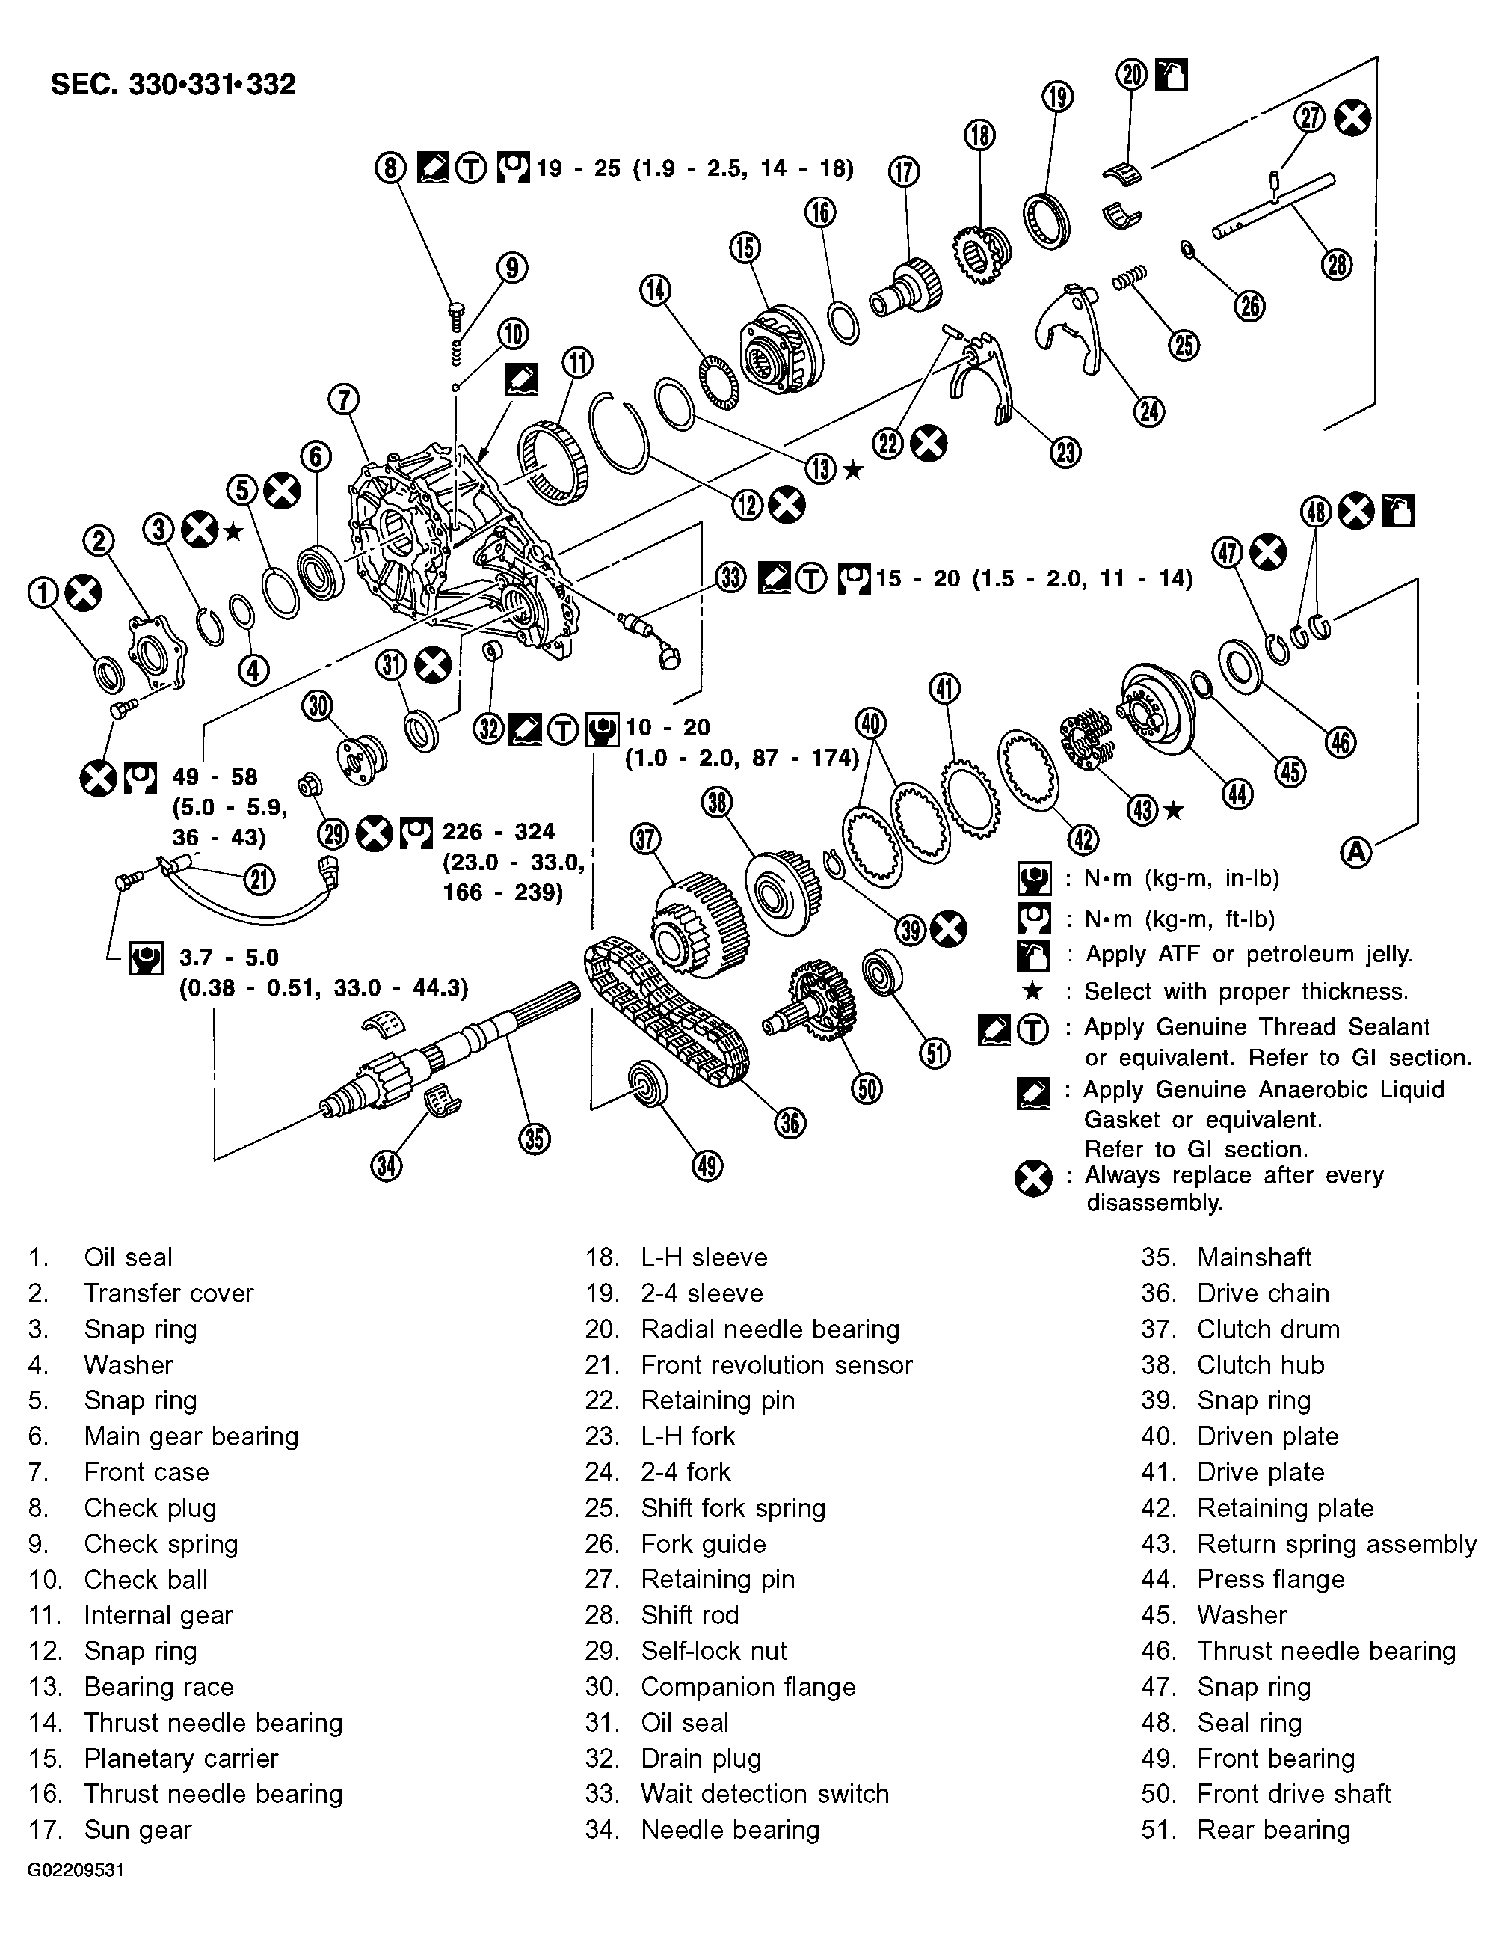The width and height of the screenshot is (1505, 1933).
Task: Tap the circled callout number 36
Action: click(790, 1122)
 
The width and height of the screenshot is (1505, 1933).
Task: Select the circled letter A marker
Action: click(1355, 851)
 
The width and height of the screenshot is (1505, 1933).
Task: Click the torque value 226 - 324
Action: click(498, 832)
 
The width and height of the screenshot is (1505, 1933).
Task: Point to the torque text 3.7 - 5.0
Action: click(230, 958)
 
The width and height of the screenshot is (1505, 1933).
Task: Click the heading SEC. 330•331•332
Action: click(173, 85)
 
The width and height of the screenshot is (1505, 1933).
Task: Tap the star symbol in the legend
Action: click(1032, 991)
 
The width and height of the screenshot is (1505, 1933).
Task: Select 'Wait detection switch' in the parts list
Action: click(763, 1793)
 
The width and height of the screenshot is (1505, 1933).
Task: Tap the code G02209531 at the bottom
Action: click(76, 1895)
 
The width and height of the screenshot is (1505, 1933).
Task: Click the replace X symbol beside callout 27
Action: click(1352, 117)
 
